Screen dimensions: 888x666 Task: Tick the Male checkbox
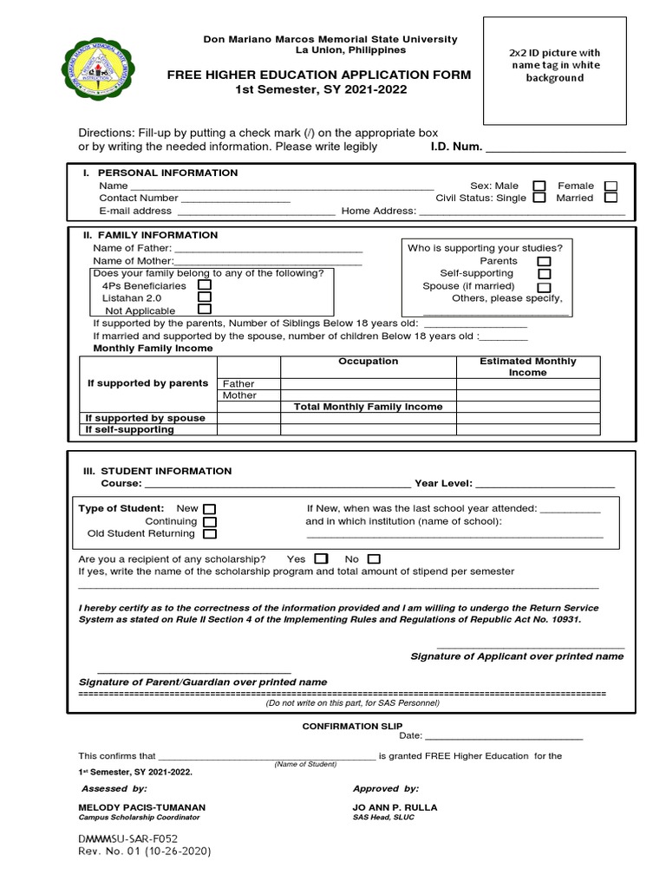539,186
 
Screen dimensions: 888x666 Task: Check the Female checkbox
610,186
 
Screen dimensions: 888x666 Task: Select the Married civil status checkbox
610,198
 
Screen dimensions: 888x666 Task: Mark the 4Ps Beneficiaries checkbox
205,284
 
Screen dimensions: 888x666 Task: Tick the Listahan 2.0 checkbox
205,297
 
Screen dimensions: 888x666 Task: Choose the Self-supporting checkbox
544,274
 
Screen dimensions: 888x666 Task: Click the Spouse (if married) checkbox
544,287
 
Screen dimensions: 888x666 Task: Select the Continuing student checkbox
210,522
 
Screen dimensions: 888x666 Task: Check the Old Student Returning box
210,534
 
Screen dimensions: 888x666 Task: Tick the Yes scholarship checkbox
321,559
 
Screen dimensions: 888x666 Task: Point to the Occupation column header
368,362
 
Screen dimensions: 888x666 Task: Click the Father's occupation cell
368,383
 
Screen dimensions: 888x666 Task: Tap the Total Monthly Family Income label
368,407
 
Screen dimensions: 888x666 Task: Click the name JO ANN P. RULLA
395,807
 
